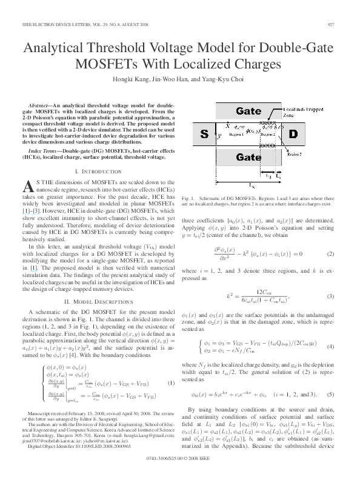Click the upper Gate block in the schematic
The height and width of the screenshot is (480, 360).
pyautogui.click(x=232, y=112)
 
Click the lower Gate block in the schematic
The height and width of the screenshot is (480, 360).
pyautogui.click(x=232, y=156)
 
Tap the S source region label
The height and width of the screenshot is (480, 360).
pyautogui.click(x=204, y=133)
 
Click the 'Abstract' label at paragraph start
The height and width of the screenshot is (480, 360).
pyautogui.click(x=42, y=105)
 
